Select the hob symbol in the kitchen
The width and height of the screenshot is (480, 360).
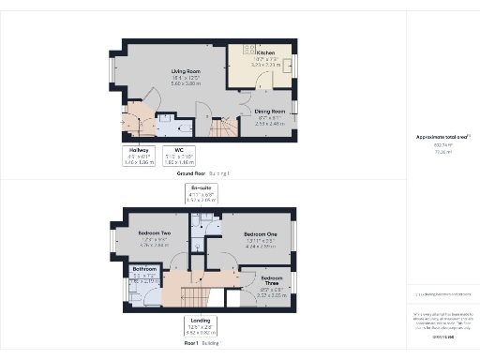pos(249,48)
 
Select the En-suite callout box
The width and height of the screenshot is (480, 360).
pos(201,196)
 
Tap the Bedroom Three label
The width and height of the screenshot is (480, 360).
pos(272,278)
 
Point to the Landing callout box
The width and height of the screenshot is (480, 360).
pos(201,328)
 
